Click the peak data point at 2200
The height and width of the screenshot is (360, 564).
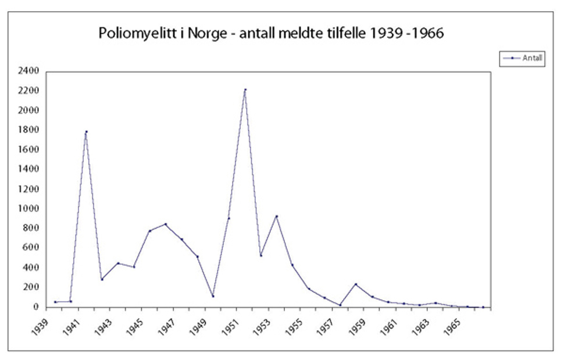(245, 90)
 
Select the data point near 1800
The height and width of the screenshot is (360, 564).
(86, 131)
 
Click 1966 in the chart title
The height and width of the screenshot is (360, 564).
(429, 34)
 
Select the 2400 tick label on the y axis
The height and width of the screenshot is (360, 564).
(27, 71)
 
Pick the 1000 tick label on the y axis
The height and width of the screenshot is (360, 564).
(27, 208)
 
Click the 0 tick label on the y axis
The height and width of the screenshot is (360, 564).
(35, 306)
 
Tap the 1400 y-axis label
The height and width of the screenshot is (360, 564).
(27, 169)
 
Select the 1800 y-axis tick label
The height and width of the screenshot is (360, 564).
(27, 130)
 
